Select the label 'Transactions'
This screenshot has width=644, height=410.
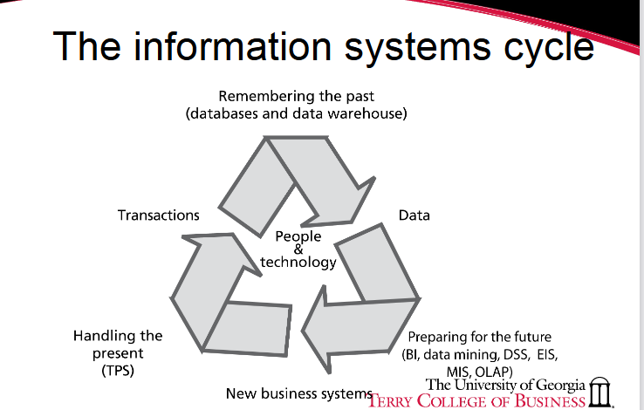tap(159, 215)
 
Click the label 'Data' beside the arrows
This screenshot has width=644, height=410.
tap(414, 215)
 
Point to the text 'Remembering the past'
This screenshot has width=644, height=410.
tap(298, 96)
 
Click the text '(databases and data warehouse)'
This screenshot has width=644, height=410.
tap(298, 113)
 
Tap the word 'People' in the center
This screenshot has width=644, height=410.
tap(298, 236)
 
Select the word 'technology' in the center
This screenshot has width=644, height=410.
tap(298, 262)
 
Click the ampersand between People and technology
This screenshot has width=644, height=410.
tap(298, 249)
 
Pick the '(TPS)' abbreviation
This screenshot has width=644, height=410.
tap(118, 370)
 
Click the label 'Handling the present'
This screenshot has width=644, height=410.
tap(118, 344)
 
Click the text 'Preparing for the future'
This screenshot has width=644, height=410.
tap(480, 337)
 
